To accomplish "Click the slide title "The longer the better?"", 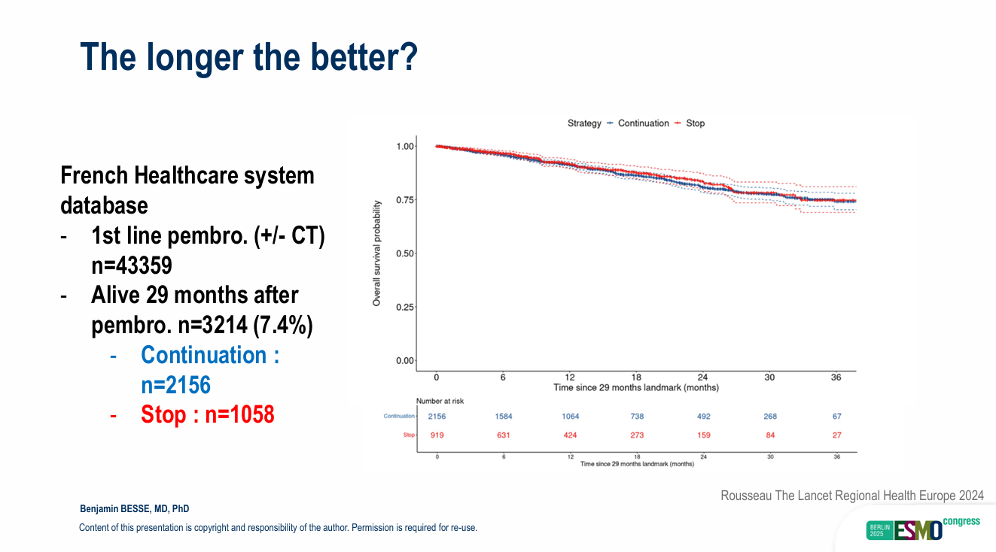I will pyautogui.click(x=248, y=56).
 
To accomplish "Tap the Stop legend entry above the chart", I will pyautogui.click(x=695, y=123).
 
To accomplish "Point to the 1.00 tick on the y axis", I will pyautogui.click(x=405, y=146).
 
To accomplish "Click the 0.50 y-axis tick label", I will pyautogui.click(x=405, y=253).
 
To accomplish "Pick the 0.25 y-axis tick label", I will pyautogui.click(x=405, y=307).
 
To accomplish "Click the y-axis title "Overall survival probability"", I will pyautogui.click(x=376, y=253).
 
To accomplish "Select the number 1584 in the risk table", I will pyautogui.click(x=504, y=416).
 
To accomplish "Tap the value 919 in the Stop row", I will pyautogui.click(x=437, y=435).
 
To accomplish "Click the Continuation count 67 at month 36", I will pyautogui.click(x=836, y=416).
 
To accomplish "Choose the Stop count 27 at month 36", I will pyautogui.click(x=836, y=435).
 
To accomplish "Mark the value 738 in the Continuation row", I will pyautogui.click(x=636, y=416).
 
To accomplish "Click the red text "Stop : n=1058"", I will pyautogui.click(x=207, y=414).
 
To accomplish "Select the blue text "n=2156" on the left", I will pyautogui.click(x=175, y=385).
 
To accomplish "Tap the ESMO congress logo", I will pyautogui.click(x=922, y=528).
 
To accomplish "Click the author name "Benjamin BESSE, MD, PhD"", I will pyautogui.click(x=139, y=509).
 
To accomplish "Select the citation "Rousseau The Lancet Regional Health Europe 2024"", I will pyautogui.click(x=851, y=496).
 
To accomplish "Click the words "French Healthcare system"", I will pyautogui.click(x=187, y=176).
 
